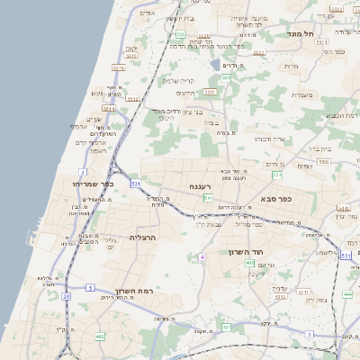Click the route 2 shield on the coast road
point(83,171)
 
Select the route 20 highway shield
point(66,295)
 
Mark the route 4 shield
point(203,256)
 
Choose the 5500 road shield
point(323,161)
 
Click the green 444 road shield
point(347,294)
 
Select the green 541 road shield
point(208,197)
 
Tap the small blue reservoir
point(214,64)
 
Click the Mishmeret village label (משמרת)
point(301,95)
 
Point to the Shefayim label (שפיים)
point(94,120)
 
